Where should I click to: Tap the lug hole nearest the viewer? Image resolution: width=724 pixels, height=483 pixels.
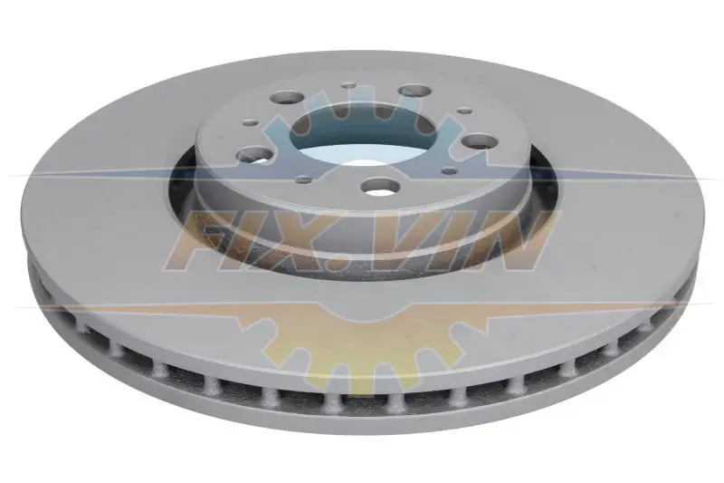(x=380, y=187)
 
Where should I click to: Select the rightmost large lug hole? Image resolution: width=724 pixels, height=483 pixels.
(x=480, y=141)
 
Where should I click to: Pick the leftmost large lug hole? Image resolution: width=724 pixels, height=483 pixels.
(x=253, y=154)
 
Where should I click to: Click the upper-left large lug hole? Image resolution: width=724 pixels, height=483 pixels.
(x=287, y=97)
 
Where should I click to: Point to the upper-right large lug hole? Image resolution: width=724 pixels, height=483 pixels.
(x=415, y=90)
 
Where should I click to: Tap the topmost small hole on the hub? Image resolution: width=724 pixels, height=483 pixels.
(x=349, y=85)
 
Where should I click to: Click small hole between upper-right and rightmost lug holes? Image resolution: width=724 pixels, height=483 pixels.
(x=464, y=111)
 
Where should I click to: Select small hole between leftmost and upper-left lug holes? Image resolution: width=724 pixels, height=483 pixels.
(x=252, y=122)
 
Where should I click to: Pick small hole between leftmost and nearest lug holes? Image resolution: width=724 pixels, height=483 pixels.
(x=303, y=179)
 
